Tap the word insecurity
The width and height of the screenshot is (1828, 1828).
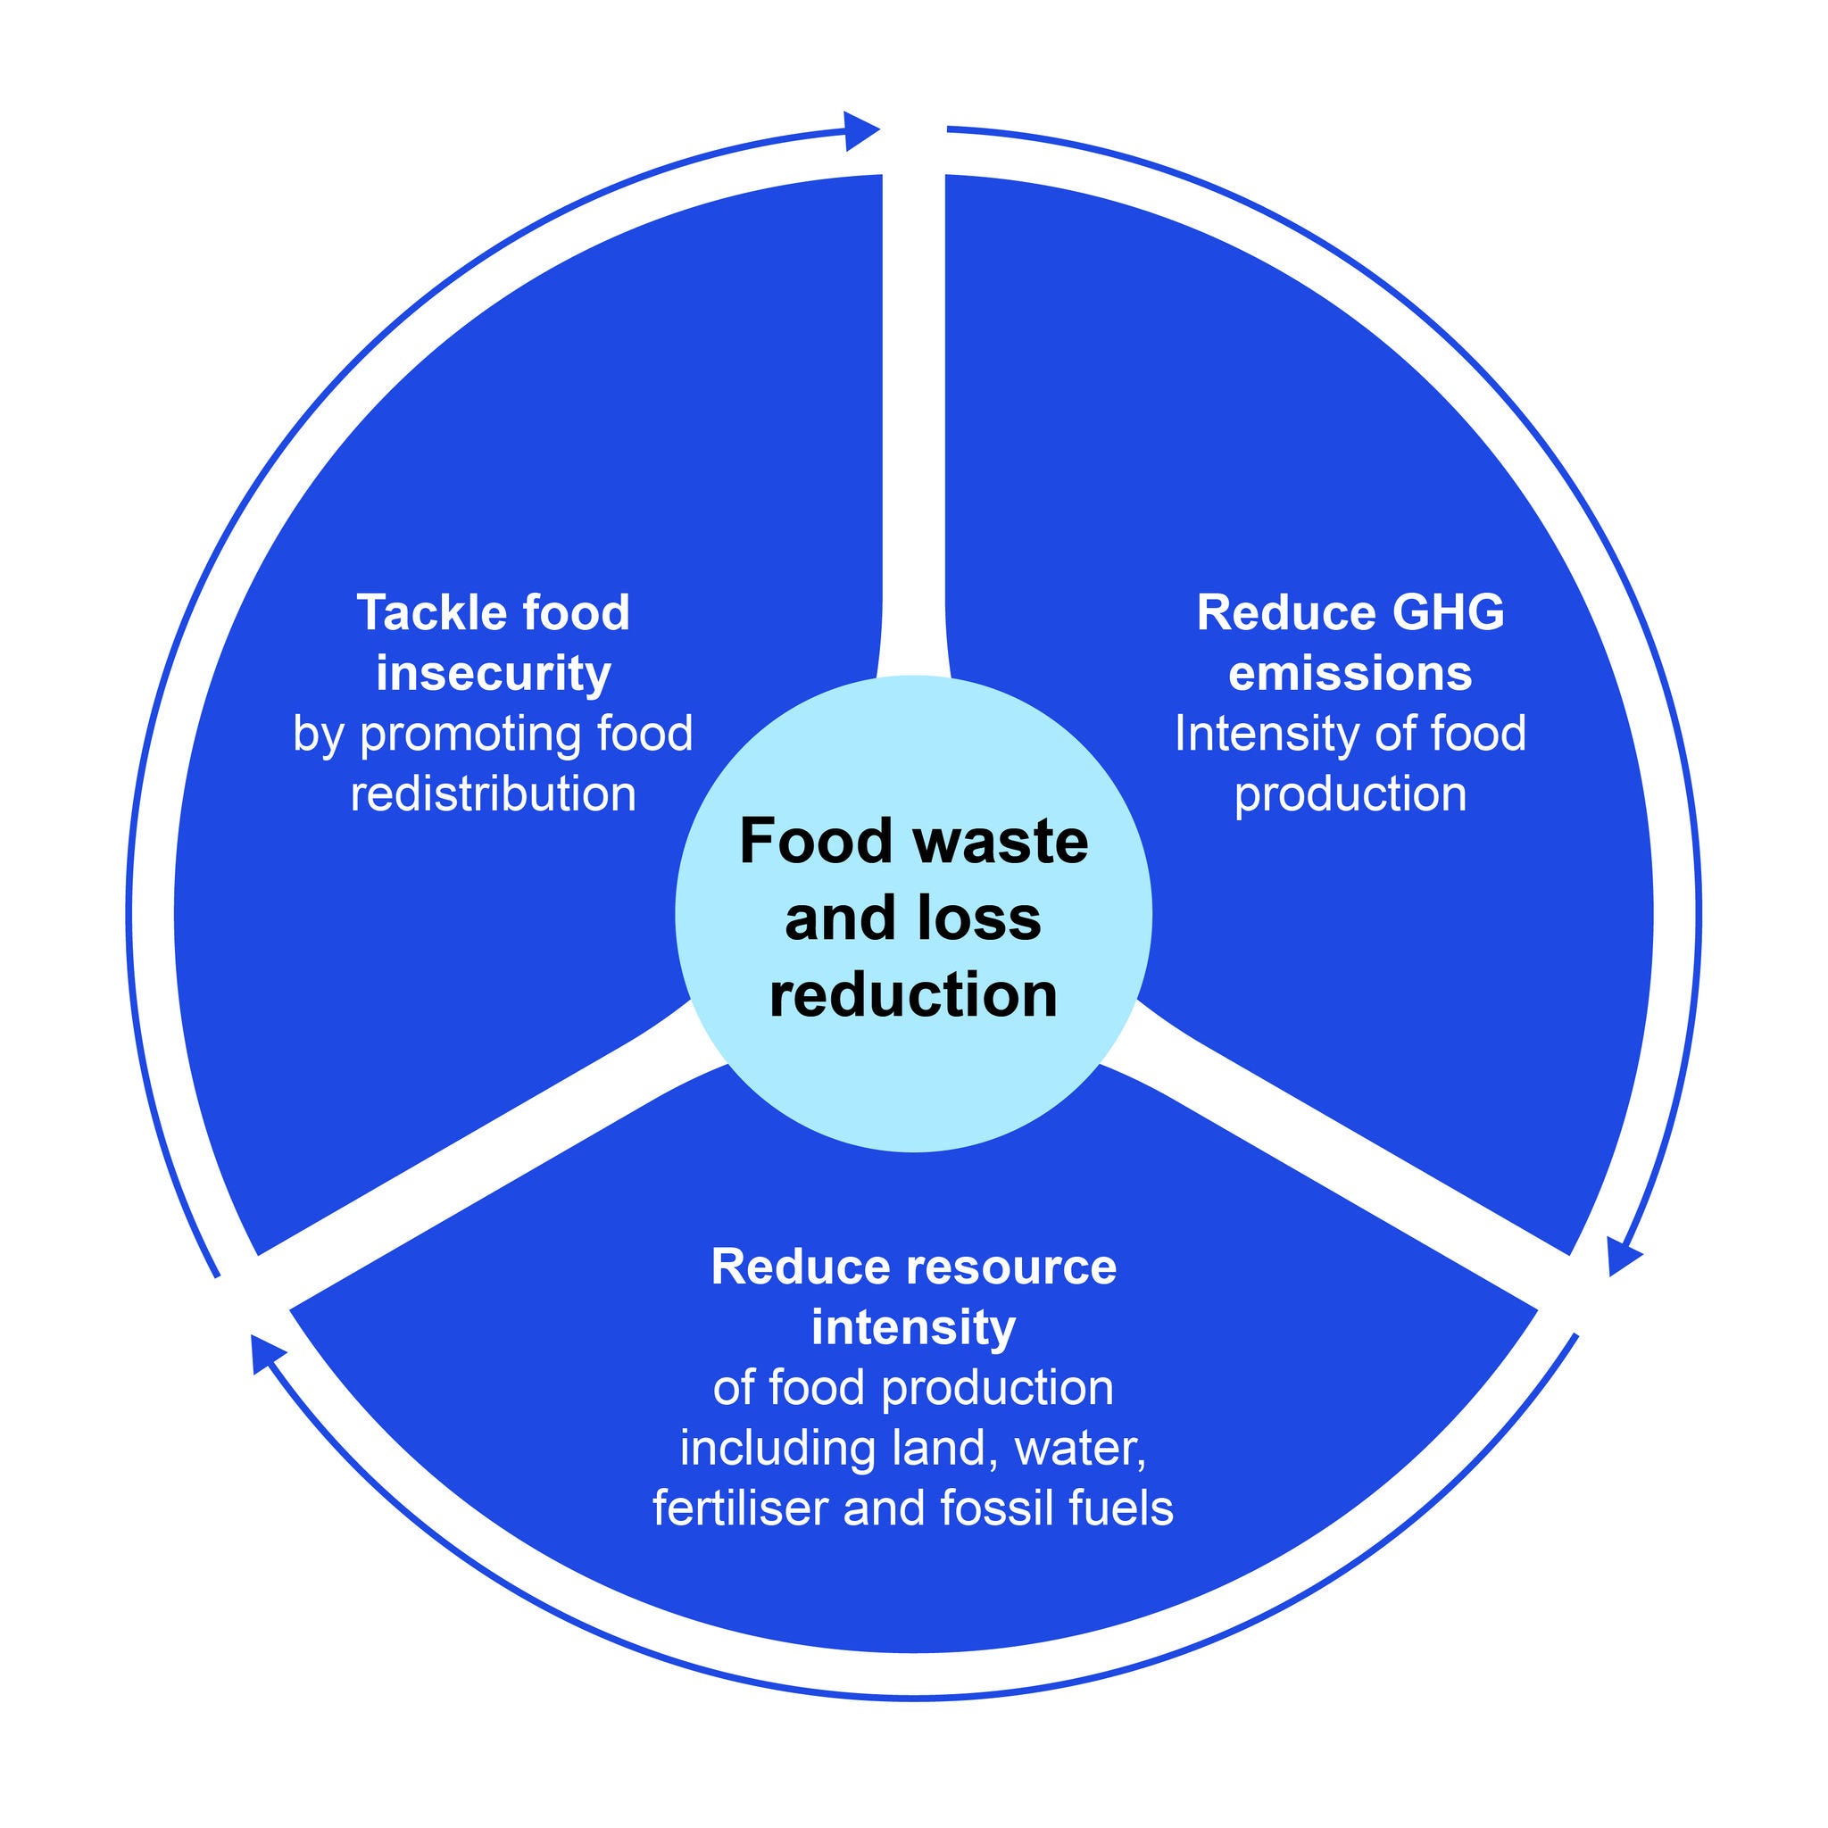pos(493,674)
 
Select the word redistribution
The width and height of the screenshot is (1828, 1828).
pos(493,793)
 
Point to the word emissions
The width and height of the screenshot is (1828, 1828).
pos(1350,674)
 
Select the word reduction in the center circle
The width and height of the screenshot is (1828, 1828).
pos(913,994)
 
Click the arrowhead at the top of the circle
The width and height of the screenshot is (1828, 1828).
pos(860,130)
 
